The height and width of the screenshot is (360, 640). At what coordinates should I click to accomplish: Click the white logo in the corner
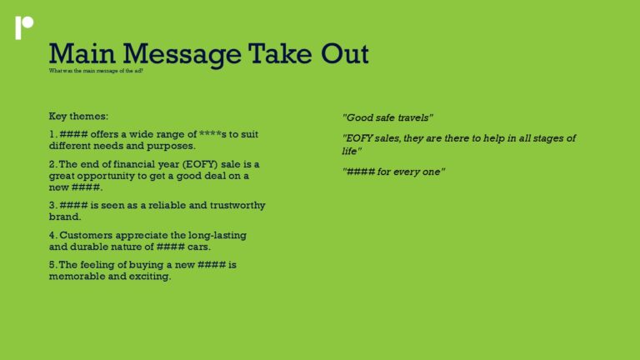point(23,27)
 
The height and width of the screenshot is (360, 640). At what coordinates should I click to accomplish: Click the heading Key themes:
point(78,116)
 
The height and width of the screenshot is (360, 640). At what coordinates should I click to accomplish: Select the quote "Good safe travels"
point(387,117)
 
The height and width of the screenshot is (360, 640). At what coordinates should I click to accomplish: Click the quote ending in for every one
point(394,171)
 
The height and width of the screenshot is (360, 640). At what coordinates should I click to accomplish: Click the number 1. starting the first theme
point(53,134)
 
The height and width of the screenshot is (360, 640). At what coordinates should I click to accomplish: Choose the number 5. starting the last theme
point(53,265)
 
